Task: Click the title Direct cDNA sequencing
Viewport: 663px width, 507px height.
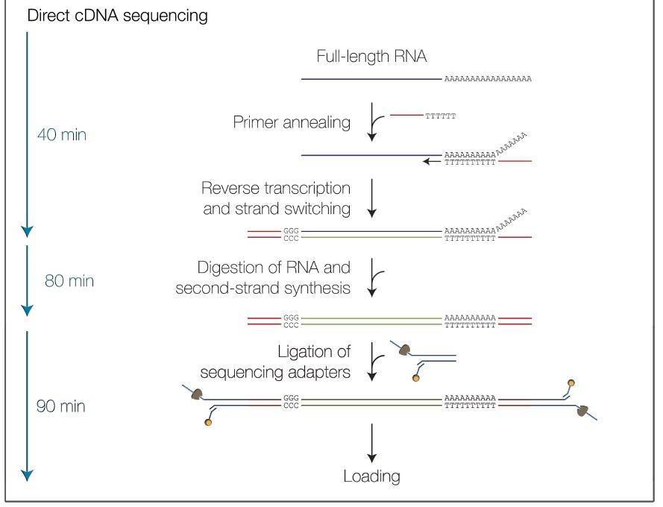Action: point(117,16)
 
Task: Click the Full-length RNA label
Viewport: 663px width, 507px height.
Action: point(371,57)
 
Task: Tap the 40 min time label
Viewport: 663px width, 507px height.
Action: point(62,135)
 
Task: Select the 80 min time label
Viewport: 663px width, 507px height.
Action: point(69,282)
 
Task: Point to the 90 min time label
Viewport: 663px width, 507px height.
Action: point(62,407)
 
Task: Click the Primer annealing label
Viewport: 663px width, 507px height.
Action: point(292,122)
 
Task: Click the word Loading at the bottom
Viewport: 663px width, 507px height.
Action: point(371,476)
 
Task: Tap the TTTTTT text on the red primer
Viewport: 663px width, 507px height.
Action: point(440,116)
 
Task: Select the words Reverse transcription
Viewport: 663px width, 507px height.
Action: point(276,186)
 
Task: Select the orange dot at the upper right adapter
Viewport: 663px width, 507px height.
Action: point(571,382)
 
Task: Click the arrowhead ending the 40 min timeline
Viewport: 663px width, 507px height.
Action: point(28,231)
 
